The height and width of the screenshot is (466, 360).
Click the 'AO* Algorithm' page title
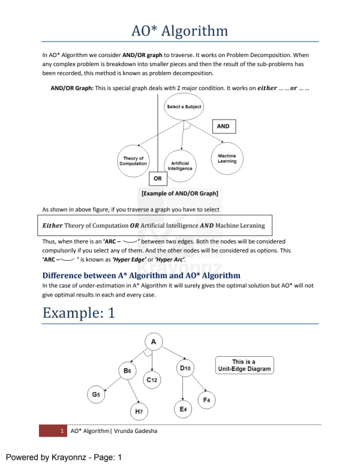point(180,31)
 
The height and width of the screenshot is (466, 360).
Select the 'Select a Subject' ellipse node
point(184,107)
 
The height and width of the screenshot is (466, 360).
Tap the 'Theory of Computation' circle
point(133,161)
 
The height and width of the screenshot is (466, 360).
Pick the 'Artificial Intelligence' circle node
point(180,166)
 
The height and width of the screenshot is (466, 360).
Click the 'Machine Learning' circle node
point(227,159)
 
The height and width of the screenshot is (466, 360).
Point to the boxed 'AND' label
point(223,126)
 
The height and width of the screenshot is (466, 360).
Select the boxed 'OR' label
point(157,178)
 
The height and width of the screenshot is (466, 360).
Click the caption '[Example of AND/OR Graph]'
point(179,193)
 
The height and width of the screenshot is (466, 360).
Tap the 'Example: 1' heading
point(79,313)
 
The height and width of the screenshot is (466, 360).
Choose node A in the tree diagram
point(154,342)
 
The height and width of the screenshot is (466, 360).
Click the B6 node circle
point(127,371)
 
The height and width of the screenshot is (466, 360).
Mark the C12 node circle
point(152,380)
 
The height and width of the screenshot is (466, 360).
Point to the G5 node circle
point(96,395)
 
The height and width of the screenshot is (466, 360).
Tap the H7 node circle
point(139,411)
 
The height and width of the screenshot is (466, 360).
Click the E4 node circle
point(183,409)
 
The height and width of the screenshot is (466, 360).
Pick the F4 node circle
point(206,399)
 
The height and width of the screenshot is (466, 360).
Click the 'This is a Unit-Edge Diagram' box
point(244,365)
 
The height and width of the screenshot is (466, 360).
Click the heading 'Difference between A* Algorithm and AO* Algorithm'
point(142,276)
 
